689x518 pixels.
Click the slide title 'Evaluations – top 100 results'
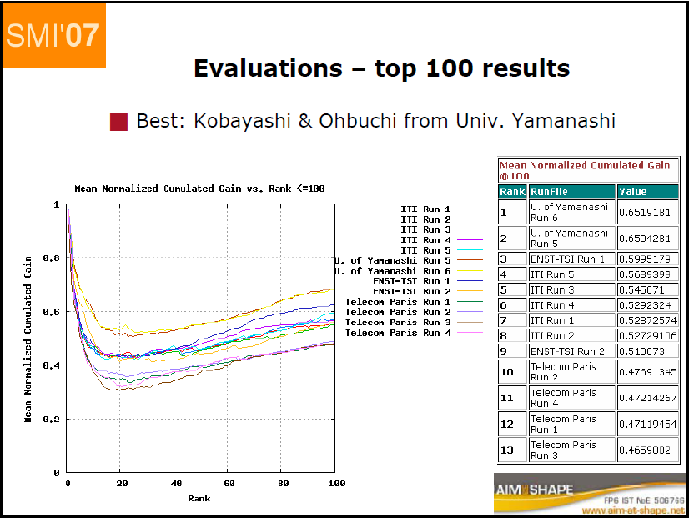381,68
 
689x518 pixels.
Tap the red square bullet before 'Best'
118,122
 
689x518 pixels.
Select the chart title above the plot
199,189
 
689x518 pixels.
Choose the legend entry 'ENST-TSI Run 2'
411,291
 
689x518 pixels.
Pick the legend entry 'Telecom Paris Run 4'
398,333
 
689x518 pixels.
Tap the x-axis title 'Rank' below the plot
199,498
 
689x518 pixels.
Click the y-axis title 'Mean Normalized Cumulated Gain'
29,339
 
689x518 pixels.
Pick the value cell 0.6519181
646,213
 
